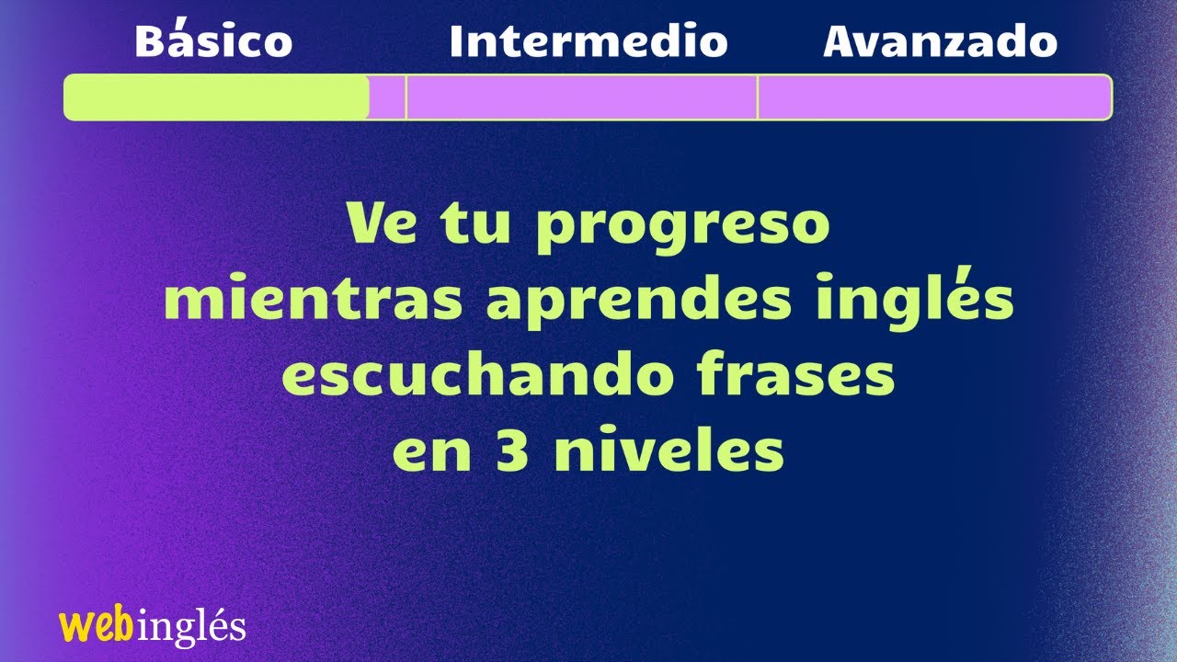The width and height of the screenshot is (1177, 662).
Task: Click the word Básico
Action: tap(213, 42)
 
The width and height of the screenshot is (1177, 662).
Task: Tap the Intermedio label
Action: tap(588, 42)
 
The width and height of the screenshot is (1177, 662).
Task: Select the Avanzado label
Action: tap(940, 42)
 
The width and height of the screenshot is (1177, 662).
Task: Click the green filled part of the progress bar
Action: tap(216, 97)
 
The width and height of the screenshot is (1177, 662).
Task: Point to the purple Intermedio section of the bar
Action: tap(581, 97)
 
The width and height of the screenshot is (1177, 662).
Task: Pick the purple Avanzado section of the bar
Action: tap(933, 97)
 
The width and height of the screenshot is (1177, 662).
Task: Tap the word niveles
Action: tap(669, 451)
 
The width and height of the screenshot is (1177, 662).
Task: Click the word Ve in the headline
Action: tap(378, 224)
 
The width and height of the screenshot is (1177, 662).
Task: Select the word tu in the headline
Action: tap(482, 224)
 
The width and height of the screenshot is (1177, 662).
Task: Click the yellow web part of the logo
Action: tap(91, 626)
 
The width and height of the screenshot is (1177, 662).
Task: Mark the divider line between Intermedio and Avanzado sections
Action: tap(758, 97)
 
